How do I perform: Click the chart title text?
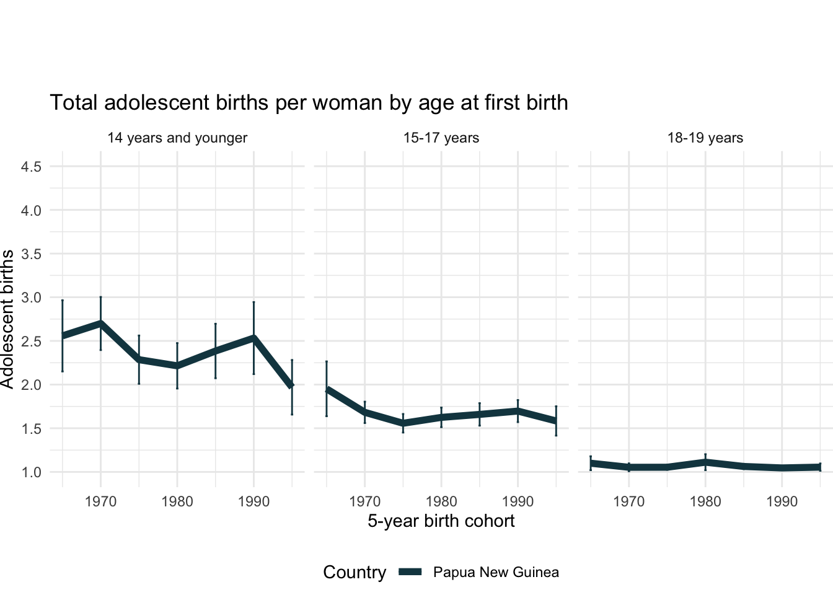(309, 103)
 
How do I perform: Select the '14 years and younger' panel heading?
(177, 138)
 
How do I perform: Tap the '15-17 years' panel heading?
(441, 138)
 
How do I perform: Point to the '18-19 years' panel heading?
(705, 138)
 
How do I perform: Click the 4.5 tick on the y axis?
(31, 167)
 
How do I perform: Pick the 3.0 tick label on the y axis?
(31, 297)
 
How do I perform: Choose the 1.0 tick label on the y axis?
(31, 472)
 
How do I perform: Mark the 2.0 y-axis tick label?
(31, 385)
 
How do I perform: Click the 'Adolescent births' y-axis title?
(7, 319)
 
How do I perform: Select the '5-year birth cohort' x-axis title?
(441, 521)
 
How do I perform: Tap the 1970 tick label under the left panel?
(100, 501)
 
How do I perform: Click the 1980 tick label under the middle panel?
(441, 501)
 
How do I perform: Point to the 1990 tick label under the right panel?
(782, 501)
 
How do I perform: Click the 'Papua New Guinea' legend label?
(496, 572)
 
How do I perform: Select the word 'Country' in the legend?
(355, 572)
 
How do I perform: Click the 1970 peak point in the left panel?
(100, 323)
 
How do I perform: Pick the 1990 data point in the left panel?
(253, 338)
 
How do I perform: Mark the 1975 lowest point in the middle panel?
(403, 423)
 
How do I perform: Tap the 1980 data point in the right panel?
(705, 462)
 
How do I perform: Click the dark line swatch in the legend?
(410, 572)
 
